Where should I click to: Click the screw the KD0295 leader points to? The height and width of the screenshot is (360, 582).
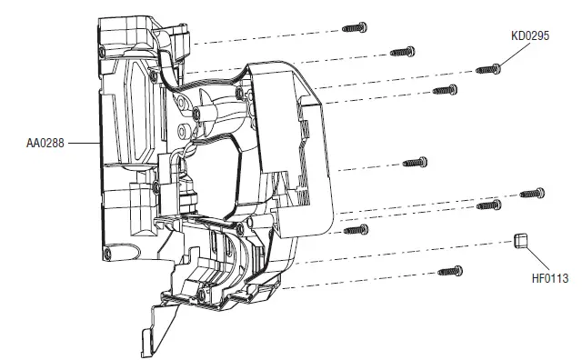click(x=488, y=67)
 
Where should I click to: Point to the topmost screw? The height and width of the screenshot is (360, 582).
click(x=354, y=28)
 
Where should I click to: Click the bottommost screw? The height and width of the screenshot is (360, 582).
click(x=451, y=271)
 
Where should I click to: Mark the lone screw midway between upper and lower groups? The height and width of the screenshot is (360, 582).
click(x=415, y=162)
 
